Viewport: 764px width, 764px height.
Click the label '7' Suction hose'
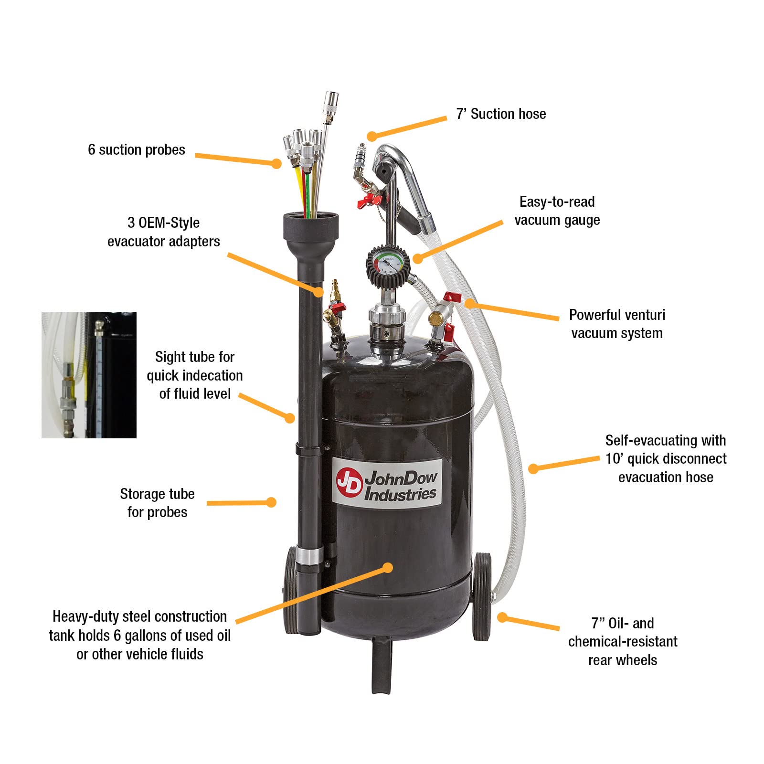point(501,114)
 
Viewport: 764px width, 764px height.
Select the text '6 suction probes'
point(137,150)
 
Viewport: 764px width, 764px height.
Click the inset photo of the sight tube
point(89,375)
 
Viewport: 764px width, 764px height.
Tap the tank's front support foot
point(382,664)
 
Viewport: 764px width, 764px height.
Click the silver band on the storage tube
point(309,556)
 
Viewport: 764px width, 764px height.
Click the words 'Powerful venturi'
point(617,315)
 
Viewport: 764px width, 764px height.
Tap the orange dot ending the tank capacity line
point(388,568)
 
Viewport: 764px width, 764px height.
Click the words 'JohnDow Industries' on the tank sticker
point(401,486)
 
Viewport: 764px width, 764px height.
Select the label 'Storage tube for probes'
point(157,503)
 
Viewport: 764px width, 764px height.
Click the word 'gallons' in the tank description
point(144,636)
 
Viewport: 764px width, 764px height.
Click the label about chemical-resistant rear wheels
point(622,642)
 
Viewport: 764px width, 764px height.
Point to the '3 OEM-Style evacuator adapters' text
point(163,232)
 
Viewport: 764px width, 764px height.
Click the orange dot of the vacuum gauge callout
point(417,258)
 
